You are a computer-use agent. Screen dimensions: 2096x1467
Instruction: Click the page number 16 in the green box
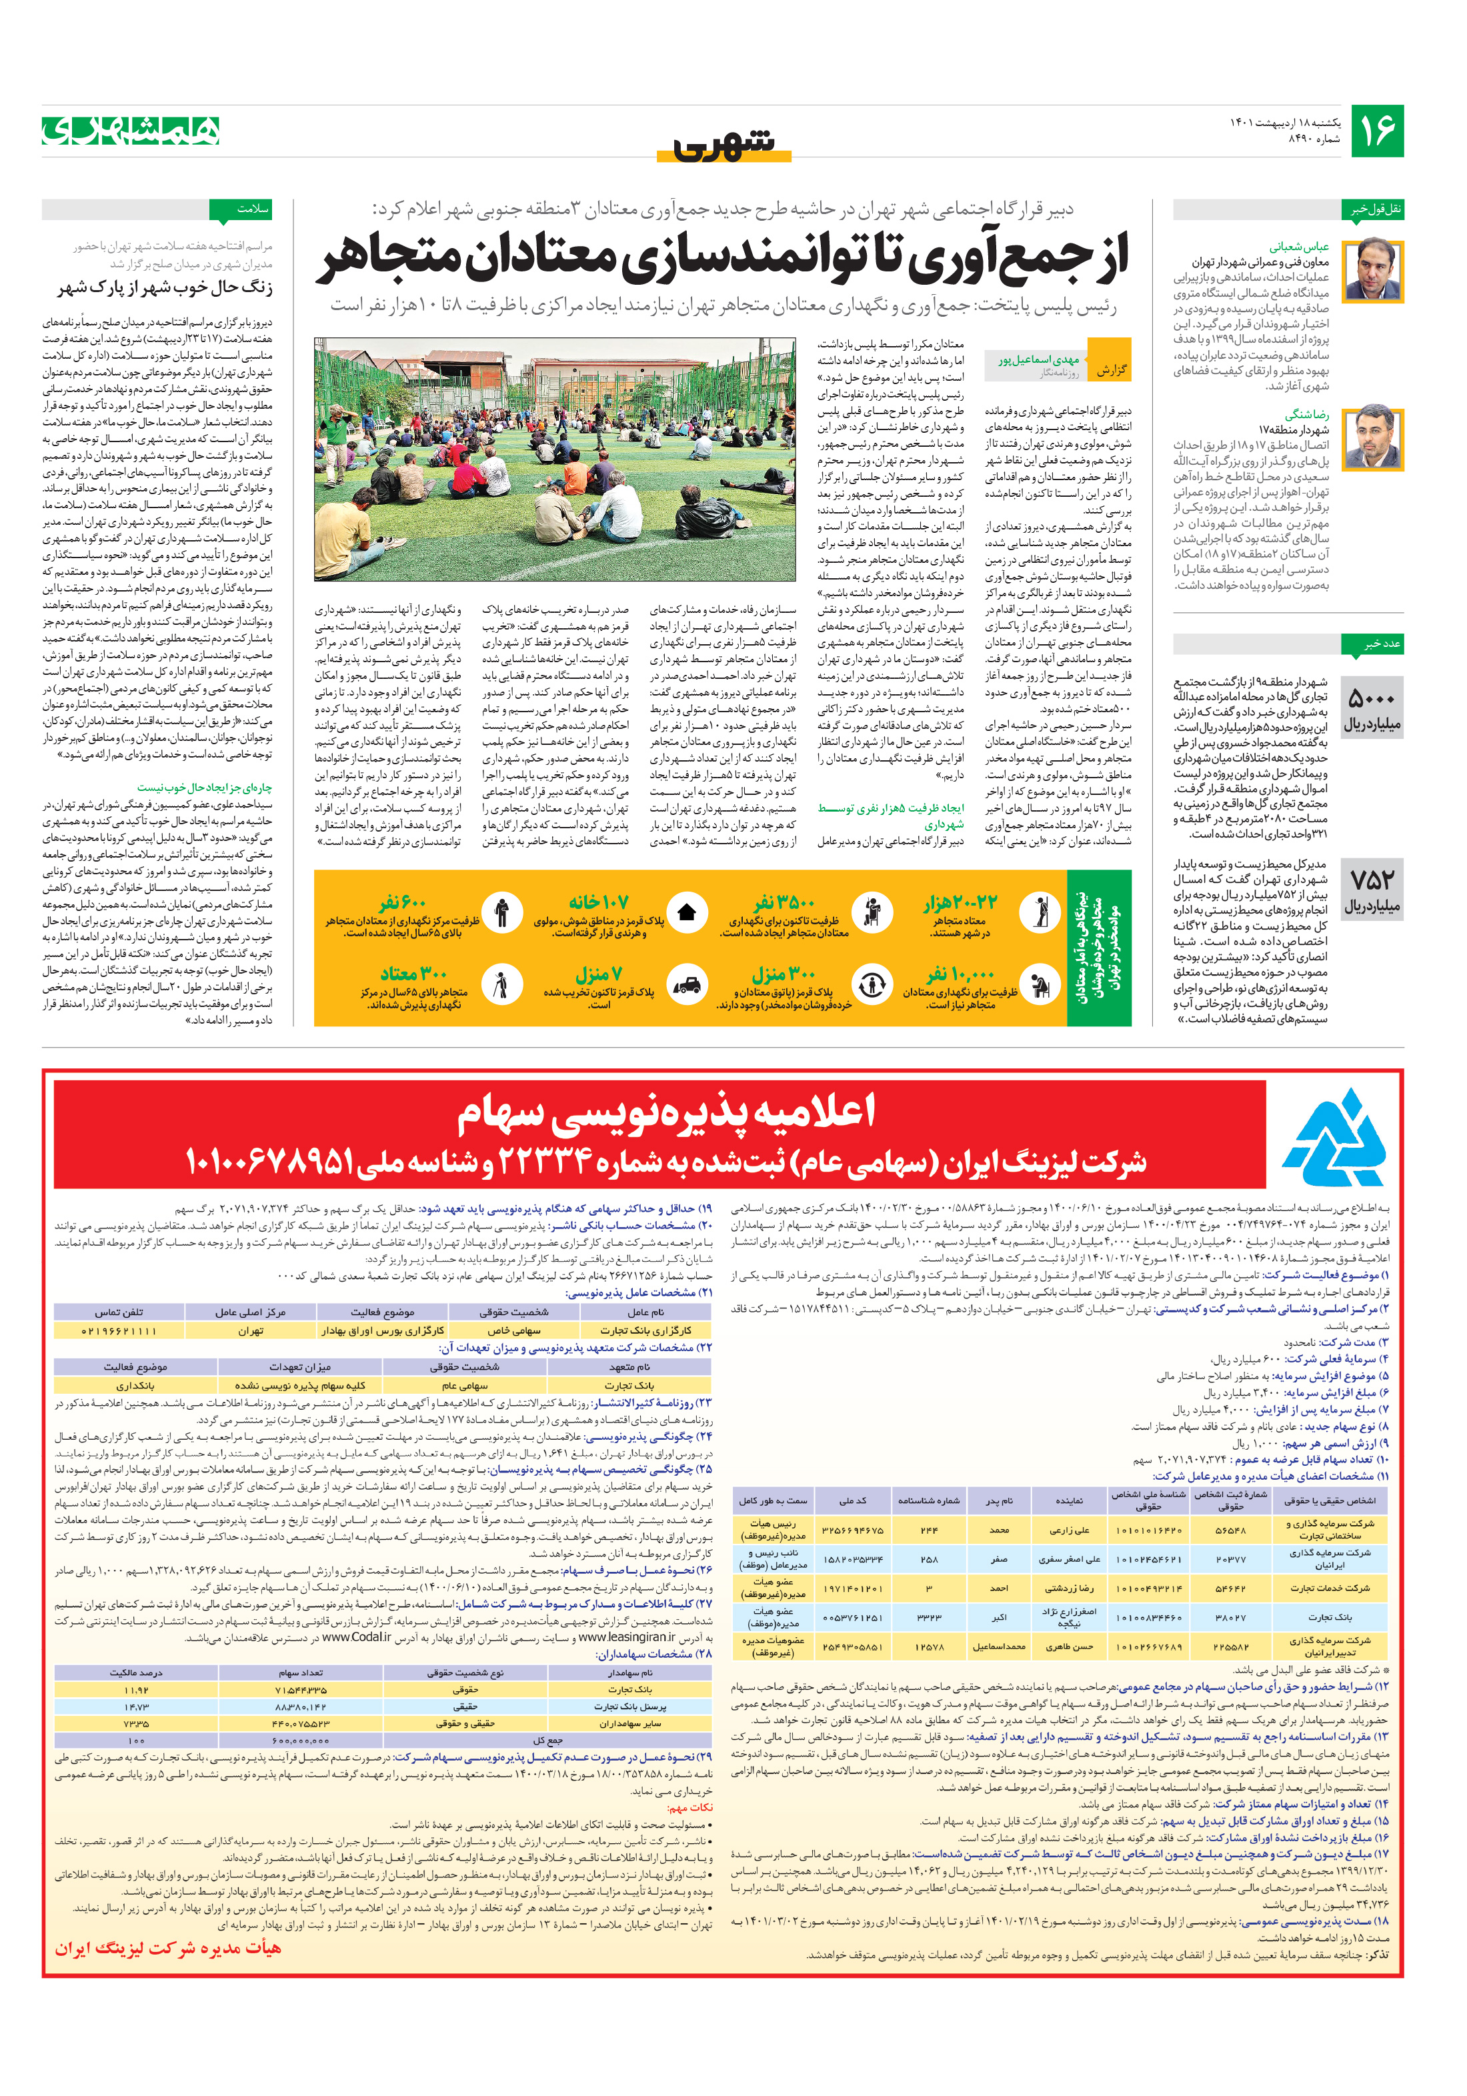tap(1376, 131)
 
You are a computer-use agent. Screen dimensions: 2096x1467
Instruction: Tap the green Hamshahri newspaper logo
tap(131, 131)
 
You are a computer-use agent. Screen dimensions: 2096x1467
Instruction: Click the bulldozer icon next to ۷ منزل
tap(686, 985)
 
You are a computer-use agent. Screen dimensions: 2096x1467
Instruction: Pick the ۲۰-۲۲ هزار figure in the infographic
tap(960, 904)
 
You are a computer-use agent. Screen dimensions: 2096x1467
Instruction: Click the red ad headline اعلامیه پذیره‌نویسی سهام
tap(665, 1111)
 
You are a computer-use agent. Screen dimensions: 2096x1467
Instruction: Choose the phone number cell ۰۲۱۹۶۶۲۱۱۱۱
tap(119, 1331)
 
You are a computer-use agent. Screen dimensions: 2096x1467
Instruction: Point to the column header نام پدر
tap(999, 1500)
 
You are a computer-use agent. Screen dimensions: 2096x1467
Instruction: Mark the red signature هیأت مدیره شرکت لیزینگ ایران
tap(168, 1948)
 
